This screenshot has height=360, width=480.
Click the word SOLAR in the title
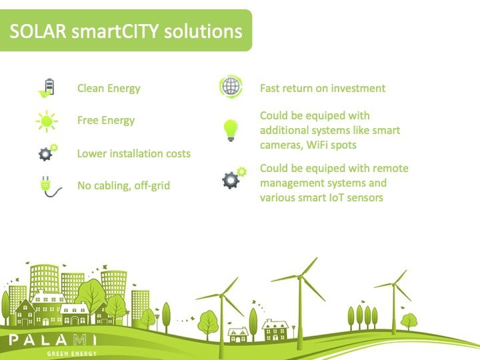pos(38,31)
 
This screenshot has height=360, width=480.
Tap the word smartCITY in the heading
pos(115,31)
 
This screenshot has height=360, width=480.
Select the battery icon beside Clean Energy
pos(46,88)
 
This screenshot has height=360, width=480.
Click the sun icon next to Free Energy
pos(47,121)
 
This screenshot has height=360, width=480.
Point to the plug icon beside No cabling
pos(50,186)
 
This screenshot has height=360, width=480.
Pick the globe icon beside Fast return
pos(231,86)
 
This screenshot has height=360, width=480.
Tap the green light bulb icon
pos(231,130)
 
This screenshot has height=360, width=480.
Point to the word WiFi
pos(318,145)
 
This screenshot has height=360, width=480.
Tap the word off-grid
pos(152,185)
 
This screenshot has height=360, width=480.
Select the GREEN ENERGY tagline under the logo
pos(72,354)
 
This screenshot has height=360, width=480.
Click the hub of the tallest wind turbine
pos(300,277)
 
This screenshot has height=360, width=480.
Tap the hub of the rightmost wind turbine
pos(394,285)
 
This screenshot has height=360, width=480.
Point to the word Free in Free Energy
pos(87,120)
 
